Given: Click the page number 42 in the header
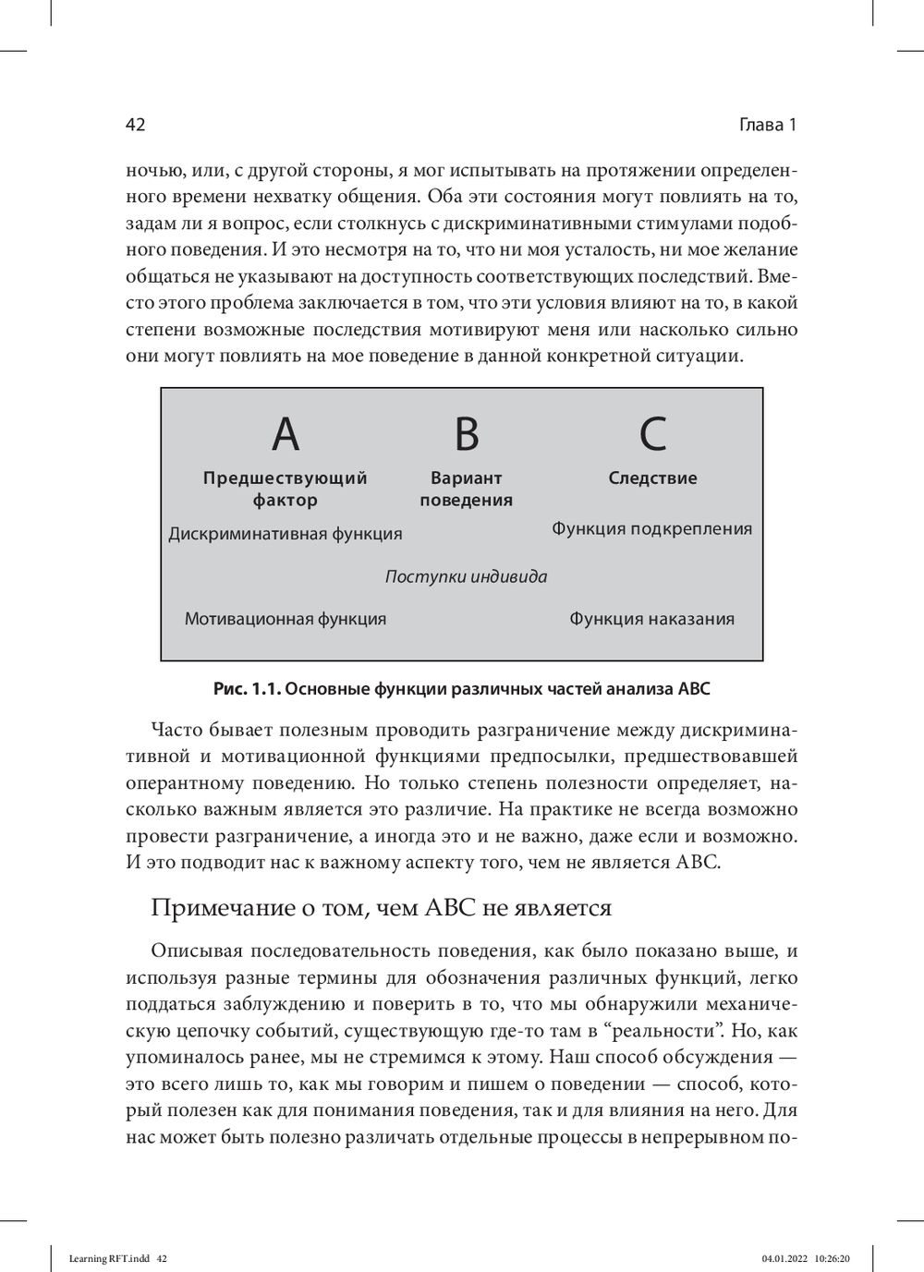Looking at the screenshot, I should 135,126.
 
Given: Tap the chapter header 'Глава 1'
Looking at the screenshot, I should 768,126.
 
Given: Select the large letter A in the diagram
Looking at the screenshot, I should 286,433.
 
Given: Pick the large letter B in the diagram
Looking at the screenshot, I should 467,433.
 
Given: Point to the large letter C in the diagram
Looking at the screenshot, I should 652,433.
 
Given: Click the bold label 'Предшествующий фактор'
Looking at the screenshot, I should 285,489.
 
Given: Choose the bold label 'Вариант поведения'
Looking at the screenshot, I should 466,489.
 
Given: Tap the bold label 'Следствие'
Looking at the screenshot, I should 652,479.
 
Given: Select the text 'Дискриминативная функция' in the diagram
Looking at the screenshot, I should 285,534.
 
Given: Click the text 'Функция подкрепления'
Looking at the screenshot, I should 651,529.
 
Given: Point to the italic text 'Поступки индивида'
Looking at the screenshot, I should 466,577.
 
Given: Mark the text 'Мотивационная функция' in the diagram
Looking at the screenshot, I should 285,619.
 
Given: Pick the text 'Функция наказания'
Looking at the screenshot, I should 651,619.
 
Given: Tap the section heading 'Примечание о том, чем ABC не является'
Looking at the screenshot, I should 381,908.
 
